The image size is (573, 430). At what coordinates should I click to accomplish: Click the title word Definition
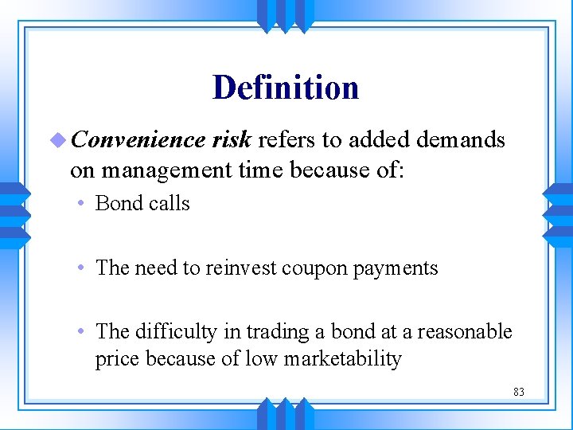[x=286, y=88]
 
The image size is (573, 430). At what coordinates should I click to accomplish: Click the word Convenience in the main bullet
[x=138, y=140]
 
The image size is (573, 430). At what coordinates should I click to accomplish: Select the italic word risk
[x=232, y=140]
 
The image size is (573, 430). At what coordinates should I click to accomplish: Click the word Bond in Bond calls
[x=117, y=203]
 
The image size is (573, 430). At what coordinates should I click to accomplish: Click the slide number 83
[x=519, y=392]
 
